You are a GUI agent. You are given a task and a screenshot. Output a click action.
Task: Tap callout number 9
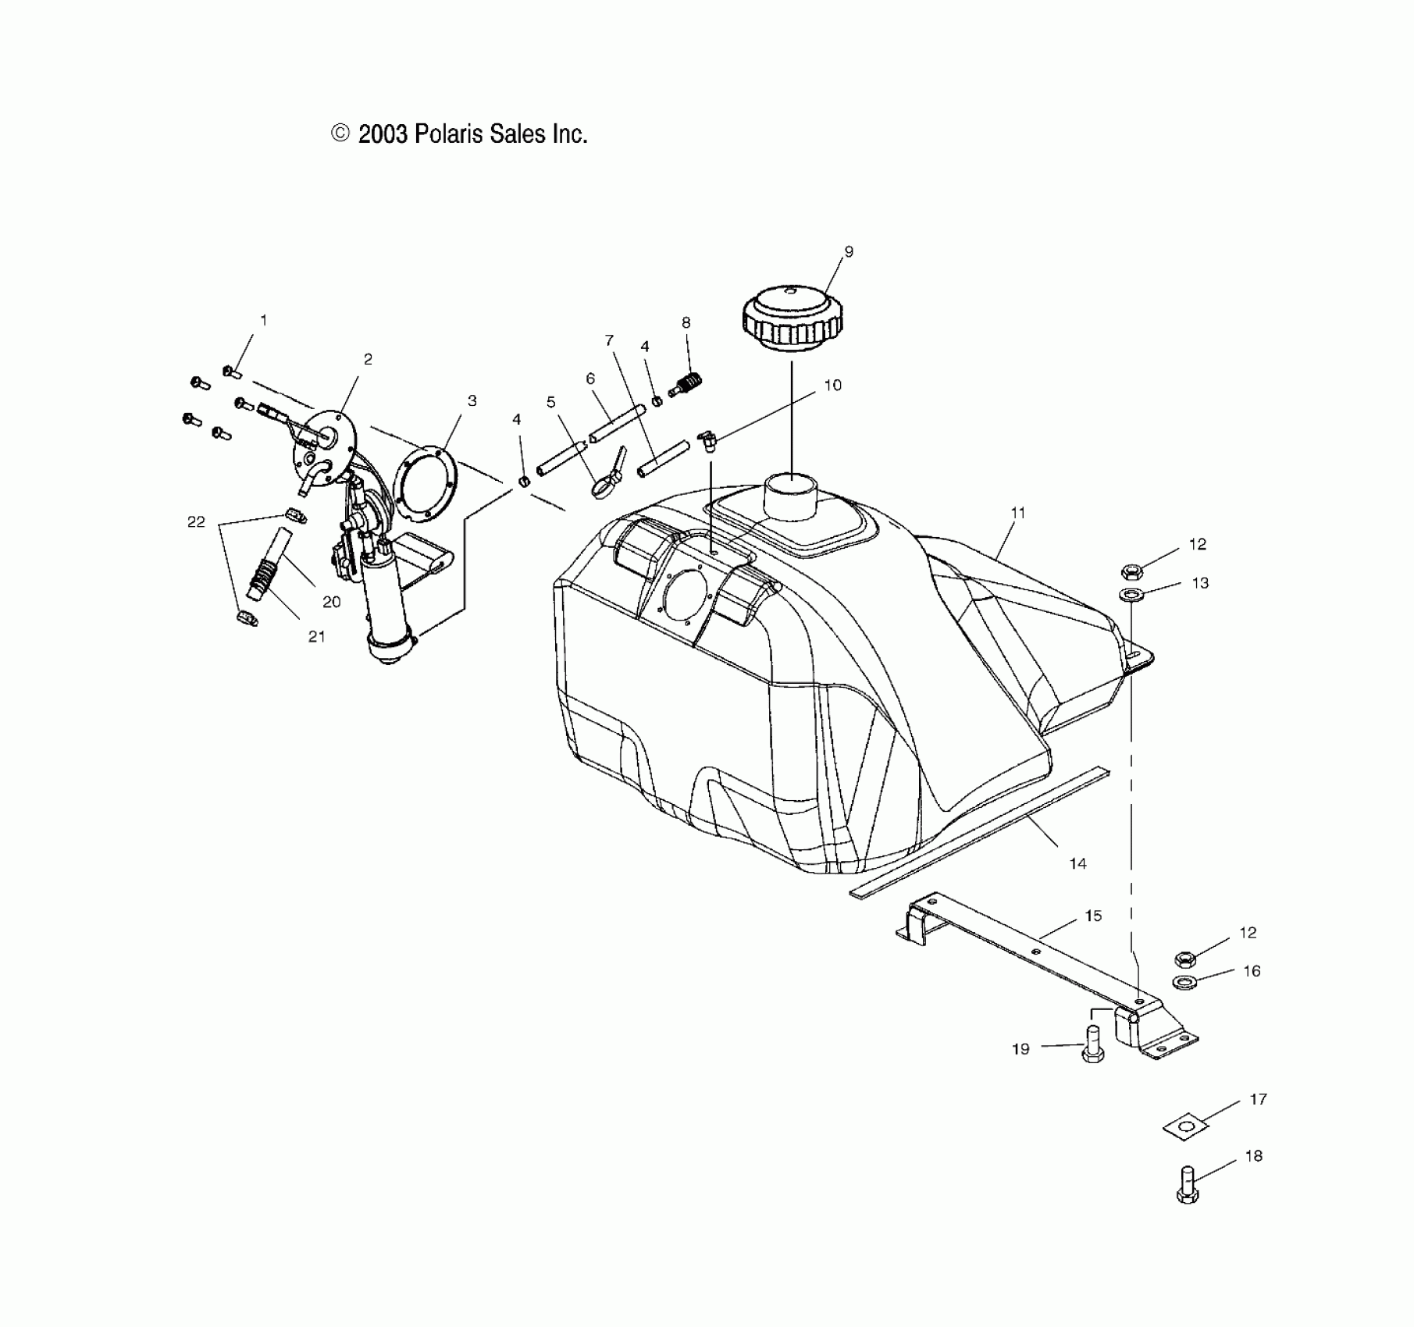coord(849,252)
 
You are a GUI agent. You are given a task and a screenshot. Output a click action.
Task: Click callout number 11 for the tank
coord(1017,513)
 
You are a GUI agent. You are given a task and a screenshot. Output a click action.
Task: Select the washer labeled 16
coord(1184,981)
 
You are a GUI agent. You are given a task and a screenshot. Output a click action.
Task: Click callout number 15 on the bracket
coord(1093,916)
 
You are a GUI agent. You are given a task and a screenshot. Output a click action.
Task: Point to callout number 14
coord(1077,863)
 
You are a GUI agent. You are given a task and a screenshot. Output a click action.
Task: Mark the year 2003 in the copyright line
coord(383,134)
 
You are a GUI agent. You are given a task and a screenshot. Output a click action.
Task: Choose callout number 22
coord(196,521)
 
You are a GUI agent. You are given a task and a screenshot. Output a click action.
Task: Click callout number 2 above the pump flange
coord(368,359)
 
